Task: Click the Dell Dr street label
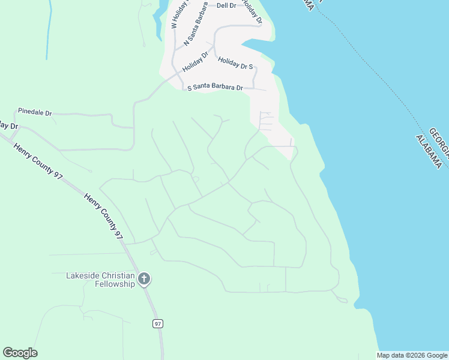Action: click(226, 5)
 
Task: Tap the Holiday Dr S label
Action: click(235, 63)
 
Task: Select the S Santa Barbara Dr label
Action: click(215, 88)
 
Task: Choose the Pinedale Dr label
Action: click(35, 112)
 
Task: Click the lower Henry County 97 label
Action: click(103, 217)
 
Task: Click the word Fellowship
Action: click(115, 284)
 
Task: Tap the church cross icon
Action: click(144, 278)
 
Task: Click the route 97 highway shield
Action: click(158, 324)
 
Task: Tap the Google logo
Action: click(20, 353)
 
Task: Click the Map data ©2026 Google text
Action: click(412, 355)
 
